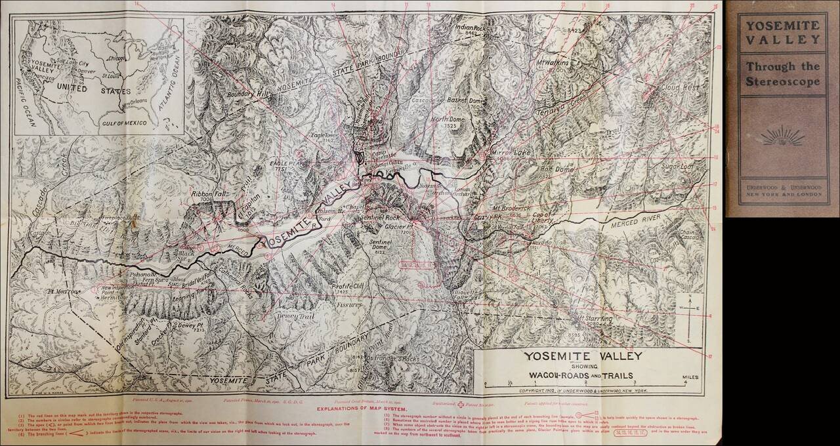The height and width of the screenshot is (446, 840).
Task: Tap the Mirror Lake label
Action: (506, 152)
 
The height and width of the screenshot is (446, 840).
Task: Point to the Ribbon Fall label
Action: (208, 195)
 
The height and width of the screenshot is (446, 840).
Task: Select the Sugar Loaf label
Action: (678, 167)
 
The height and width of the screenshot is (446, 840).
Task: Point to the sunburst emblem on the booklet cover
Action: (781, 138)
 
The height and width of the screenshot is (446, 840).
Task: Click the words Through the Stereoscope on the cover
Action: (781, 73)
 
